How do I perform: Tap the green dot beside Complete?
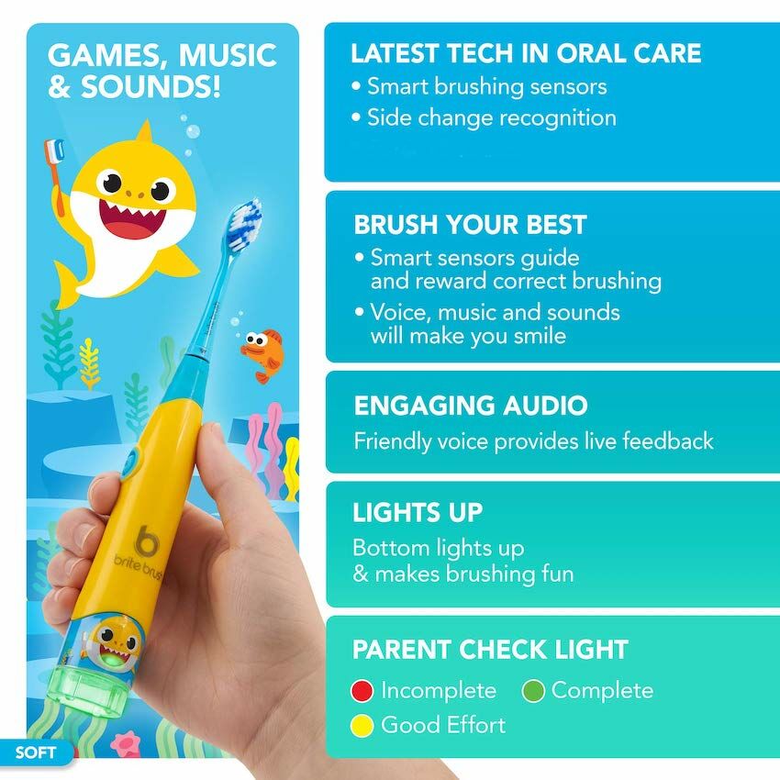pyautogui.click(x=534, y=690)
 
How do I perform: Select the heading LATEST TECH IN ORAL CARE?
pyautogui.click(x=526, y=53)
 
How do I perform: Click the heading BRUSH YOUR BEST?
pyautogui.click(x=470, y=225)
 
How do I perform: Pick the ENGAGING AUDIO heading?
pyautogui.click(x=471, y=406)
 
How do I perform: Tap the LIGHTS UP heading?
pyautogui.click(x=418, y=513)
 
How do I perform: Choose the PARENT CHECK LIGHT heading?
pyautogui.click(x=490, y=650)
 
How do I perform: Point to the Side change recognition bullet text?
pyautogui.click(x=492, y=117)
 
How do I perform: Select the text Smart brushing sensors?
pyautogui.click(x=486, y=86)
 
